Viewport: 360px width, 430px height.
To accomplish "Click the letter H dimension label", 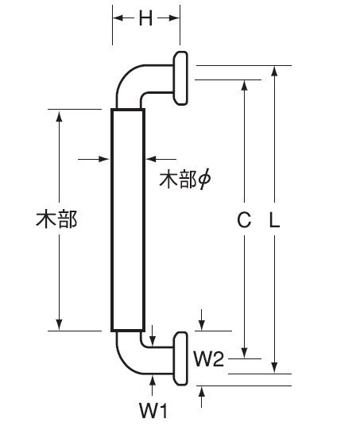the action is (145, 18).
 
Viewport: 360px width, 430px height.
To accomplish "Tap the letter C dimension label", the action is (244, 220).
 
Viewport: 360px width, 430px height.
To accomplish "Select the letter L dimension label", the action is (274, 220).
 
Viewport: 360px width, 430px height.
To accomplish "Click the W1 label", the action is (153, 411).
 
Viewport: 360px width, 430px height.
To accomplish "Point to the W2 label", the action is (209, 358).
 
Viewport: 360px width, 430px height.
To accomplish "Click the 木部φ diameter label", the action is (185, 180).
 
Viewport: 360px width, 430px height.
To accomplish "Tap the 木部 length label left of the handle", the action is (56, 219).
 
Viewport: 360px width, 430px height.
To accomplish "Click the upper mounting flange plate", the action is (180, 78).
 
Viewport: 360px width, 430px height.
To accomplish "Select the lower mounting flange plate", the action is (180, 358).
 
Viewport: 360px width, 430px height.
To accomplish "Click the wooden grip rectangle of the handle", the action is (128, 220).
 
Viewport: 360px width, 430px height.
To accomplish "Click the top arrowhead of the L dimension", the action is (274, 72).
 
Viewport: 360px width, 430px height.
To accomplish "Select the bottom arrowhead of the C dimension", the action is (244, 353).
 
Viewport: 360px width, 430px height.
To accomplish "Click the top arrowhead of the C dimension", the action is (244, 86).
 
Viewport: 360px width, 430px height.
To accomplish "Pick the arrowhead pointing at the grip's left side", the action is (104, 159).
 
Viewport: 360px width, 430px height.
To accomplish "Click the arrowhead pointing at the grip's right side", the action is (151, 159).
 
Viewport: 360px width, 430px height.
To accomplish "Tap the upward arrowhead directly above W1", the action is (153, 381).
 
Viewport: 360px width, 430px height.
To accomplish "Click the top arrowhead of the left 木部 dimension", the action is (59, 115).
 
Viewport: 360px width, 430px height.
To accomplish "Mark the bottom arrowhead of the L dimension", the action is (274, 368).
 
